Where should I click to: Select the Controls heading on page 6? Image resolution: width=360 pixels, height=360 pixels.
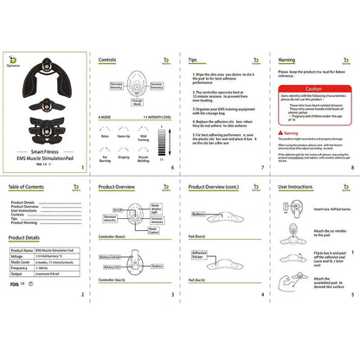pyautogui.click(x=108, y=61)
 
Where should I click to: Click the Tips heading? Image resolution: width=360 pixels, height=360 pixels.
pyautogui.click(x=197, y=61)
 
